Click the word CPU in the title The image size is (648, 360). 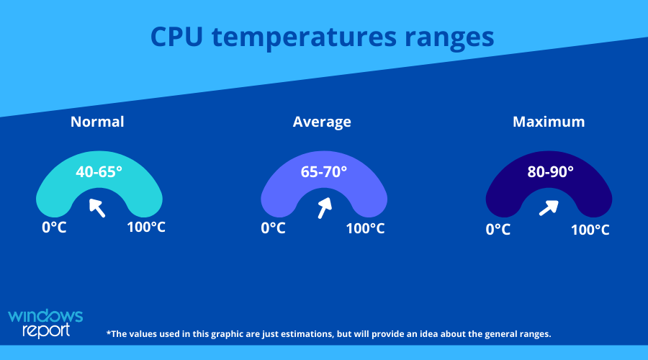[176, 37]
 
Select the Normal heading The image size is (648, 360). [97, 122]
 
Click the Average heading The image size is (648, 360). [322, 122]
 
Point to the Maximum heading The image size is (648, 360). [549, 122]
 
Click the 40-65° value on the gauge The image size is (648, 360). [99, 171]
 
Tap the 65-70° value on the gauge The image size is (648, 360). [323, 171]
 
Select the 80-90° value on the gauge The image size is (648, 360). [551, 171]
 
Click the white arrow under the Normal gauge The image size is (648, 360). [97, 207]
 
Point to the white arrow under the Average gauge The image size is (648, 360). [325, 207]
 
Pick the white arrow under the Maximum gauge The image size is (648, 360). [549, 208]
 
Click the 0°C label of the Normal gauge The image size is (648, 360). [54, 228]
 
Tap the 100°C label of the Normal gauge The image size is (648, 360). [146, 227]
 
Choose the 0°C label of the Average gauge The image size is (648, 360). [273, 228]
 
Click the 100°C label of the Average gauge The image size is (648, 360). [365, 228]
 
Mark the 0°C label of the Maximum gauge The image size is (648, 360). [498, 230]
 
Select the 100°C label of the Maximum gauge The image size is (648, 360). [590, 230]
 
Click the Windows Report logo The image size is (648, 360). [45, 323]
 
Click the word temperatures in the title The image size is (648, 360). [304, 37]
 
